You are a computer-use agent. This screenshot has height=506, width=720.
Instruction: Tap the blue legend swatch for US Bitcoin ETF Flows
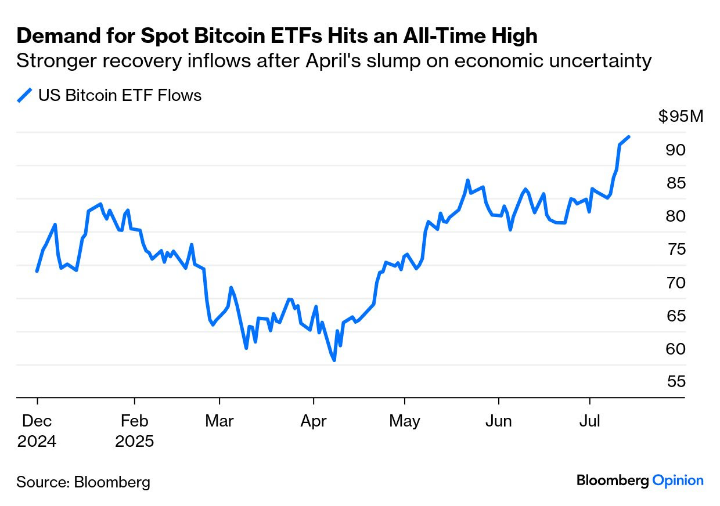(x=24, y=95)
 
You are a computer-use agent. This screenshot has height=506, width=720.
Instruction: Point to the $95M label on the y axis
(x=681, y=117)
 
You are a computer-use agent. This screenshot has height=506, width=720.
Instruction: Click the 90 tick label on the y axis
(x=675, y=150)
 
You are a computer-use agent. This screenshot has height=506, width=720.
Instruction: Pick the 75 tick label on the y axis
(x=675, y=250)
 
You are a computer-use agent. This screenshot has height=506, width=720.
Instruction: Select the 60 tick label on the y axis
(x=675, y=349)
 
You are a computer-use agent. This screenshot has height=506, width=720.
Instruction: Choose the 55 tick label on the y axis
(x=675, y=382)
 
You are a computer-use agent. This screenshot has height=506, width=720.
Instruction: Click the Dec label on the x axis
(x=37, y=421)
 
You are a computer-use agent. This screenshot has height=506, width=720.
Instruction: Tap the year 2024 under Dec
(x=37, y=442)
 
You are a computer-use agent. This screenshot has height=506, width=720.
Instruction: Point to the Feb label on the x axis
(x=134, y=421)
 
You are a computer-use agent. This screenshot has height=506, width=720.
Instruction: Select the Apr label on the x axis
(x=314, y=421)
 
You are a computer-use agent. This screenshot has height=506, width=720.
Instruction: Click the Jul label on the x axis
(x=590, y=421)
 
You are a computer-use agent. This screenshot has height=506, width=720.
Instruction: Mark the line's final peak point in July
(x=629, y=137)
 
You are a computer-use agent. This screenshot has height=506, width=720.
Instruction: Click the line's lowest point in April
(x=334, y=360)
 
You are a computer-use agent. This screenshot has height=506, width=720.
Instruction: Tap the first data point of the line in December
(x=37, y=271)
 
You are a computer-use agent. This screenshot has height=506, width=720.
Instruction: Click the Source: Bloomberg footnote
(x=83, y=482)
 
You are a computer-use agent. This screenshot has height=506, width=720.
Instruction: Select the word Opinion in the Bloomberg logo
(x=678, y=480)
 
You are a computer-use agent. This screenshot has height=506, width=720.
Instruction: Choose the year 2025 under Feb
(x=134, y=442)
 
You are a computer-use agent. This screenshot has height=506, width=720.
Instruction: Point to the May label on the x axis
(x=404, y=421)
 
